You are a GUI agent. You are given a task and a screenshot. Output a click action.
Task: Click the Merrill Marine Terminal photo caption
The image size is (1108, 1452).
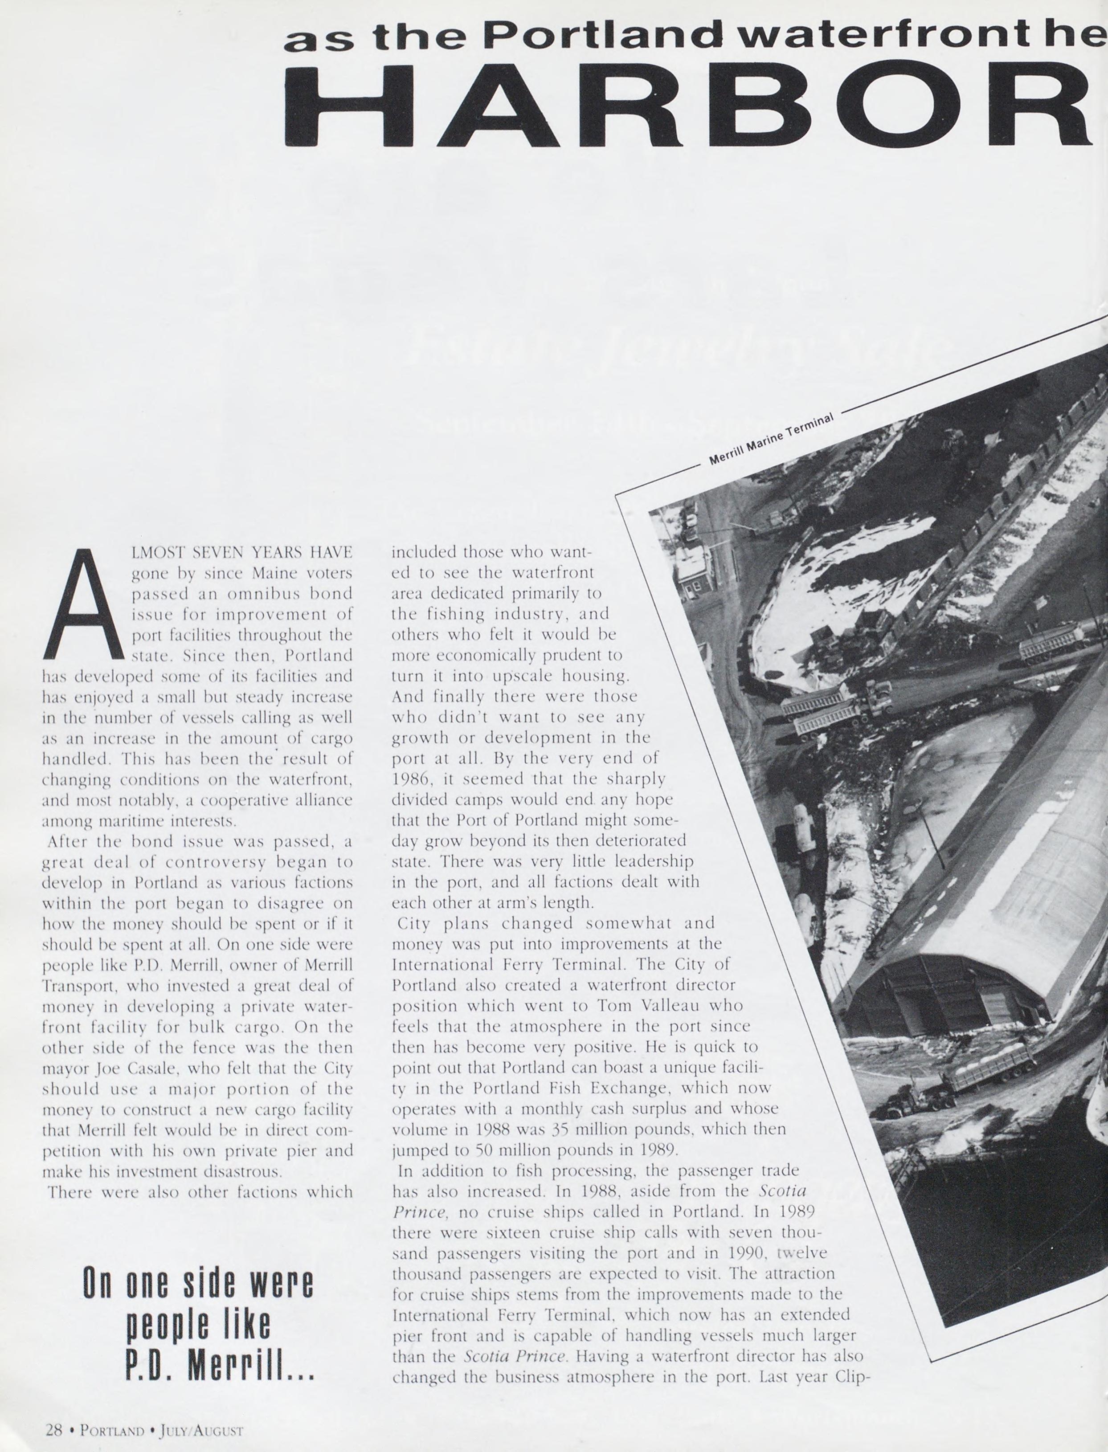pyautogui.click(x=771, y=439)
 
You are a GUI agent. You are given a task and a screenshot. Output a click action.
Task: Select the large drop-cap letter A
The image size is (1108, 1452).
pyautogui.click(x=82, y=605)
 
